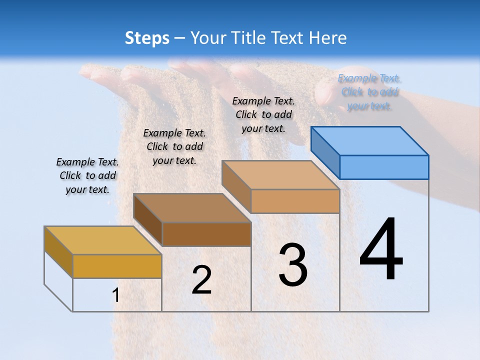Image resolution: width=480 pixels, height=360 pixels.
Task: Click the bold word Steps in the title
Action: [x=147, y=38]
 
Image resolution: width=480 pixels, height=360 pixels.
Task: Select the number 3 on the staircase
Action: [x=293, y=265]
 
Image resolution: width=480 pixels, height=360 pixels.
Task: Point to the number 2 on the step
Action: [x=201, y=280]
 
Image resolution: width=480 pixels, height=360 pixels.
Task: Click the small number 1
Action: [x=115, y=295]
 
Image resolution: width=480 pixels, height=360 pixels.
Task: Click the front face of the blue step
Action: [x=384, y=167]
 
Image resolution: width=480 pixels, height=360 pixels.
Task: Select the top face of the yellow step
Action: [x=102, y=240]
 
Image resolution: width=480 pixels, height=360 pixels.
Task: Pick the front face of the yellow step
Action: [x=117, y=266]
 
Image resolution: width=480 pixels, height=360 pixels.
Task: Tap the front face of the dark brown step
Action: [x=206, y=234]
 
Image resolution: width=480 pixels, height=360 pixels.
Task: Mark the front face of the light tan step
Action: [x=295, y=201]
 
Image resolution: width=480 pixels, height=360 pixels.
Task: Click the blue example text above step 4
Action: [x=369, y=92]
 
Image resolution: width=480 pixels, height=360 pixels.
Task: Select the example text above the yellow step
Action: [x=87, y=175]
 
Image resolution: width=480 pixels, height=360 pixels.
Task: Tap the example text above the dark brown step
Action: [x=174, y=146]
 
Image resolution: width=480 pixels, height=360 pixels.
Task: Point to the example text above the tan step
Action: [x=263, y=114]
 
